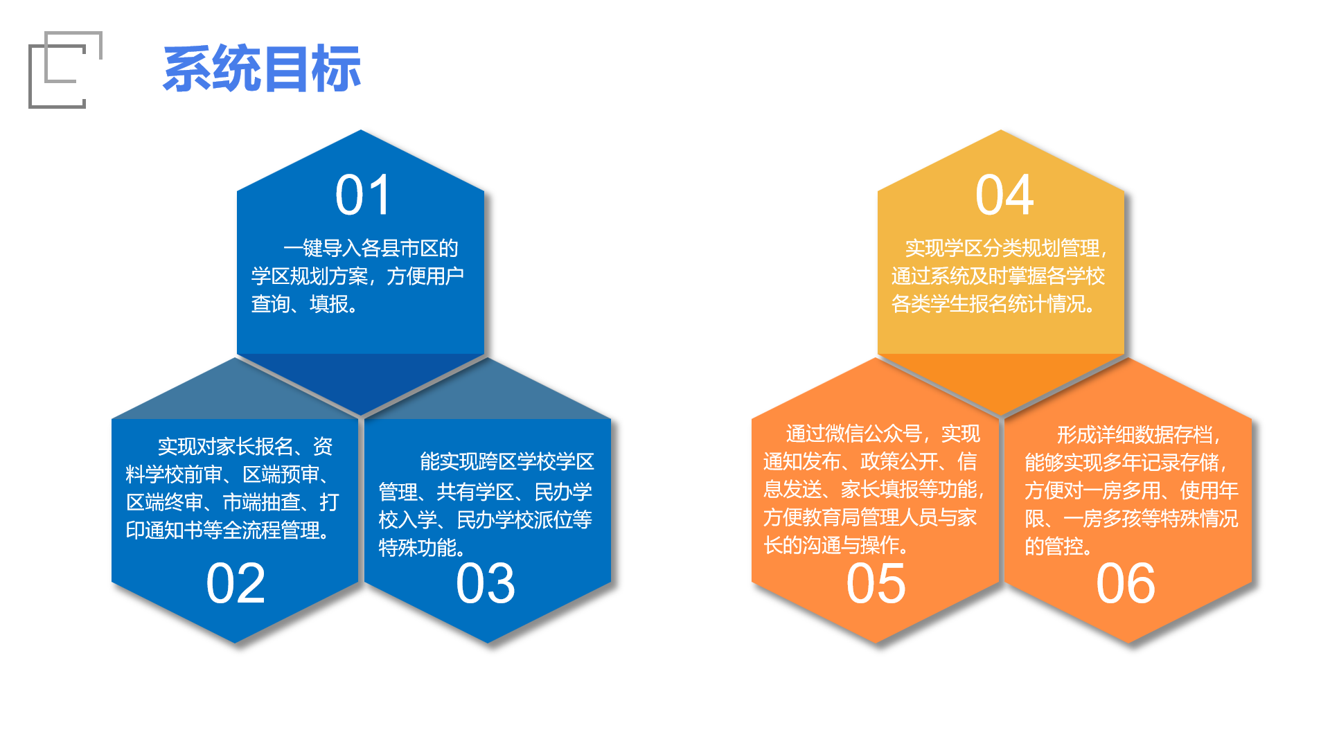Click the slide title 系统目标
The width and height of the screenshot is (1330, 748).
click(x=262, y=69)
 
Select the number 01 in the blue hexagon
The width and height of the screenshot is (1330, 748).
click(x=363, y=195)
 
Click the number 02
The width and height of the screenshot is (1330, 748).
click(x=236, y=584)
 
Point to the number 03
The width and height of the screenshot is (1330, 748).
click(x=486, y=584)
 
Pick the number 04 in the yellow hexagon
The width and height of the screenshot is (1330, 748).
click(x=1004, y=195)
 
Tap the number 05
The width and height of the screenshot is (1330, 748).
click(x=876, y=584)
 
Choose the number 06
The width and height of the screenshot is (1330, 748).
click(x=1126, y=584)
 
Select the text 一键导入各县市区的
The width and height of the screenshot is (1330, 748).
click(x=371, y=248)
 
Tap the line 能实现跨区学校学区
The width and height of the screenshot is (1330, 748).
click(x=507, y=461)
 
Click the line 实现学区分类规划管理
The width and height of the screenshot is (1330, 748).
click(x=1002, y=248)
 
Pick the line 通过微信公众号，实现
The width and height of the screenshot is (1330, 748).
click(x=883, y=434)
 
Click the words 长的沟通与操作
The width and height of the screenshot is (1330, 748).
click(x=831, y=545)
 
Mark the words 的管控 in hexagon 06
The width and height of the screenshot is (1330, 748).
click(x=1053, y=546)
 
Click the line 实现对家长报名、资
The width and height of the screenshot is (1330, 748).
click(x=245, y=446)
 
